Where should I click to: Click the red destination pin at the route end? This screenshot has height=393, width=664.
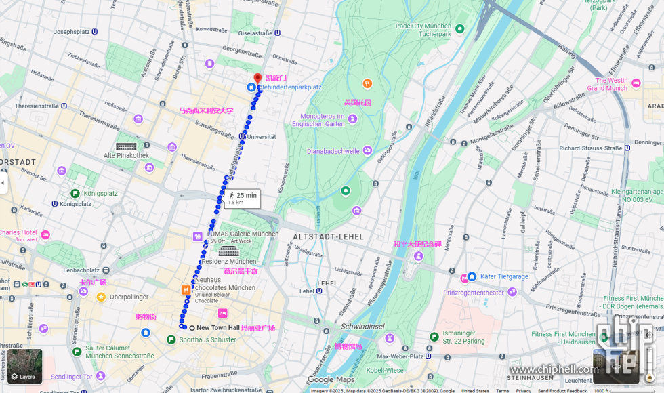(x=257, y=78)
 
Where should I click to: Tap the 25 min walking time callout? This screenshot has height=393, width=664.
(x=242, y=198)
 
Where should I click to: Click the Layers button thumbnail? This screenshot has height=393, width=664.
(x=24, y=366)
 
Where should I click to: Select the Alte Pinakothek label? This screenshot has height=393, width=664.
(x=126, y=156)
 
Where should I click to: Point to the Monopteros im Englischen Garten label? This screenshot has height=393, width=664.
(x=318, y=120)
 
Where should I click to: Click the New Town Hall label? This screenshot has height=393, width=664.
(x=217, y=328)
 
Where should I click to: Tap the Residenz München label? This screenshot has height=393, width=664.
(x=229, y=261)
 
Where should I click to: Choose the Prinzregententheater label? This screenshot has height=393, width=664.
(x=474, y=293)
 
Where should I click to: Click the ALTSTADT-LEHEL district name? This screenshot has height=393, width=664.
(x=328, y=236)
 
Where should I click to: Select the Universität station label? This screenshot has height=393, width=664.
(x=262, y=136)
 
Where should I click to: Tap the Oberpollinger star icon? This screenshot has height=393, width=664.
(x=101, y=297)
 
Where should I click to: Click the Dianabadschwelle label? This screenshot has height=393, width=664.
(x=333, y=151)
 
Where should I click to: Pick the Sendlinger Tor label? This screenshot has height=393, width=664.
(x=71, y=377)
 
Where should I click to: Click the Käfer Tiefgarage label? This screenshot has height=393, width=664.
(x=504, y=276)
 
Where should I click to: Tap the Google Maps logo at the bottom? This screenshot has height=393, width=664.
(x=331, y=380)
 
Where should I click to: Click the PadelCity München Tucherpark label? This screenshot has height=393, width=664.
(x=423, y=29)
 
